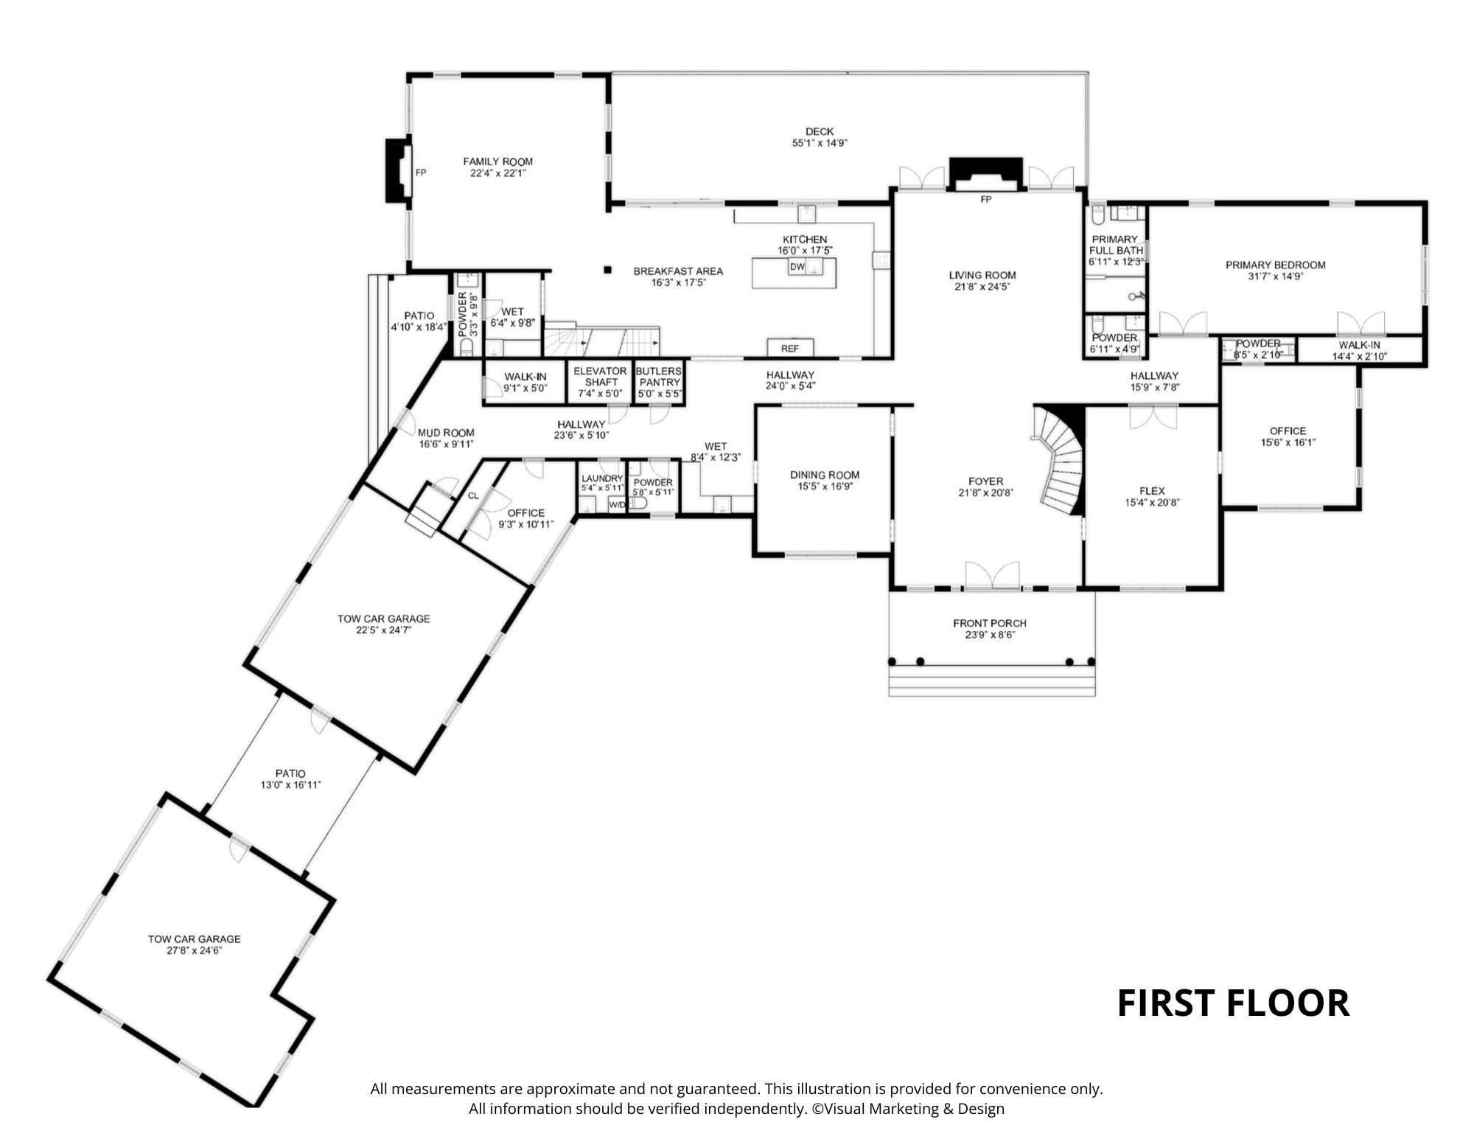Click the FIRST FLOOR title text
click(x=1233, y=1003)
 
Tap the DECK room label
click(x=820, y=132)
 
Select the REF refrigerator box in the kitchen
click(x=790, y=348)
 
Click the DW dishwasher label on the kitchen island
click(x=797, y=267)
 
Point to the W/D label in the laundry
click(x=617, y=505)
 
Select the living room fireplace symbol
click(x=985, y=174)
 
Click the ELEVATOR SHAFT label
click(x=601, y=377)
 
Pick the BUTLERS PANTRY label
click(x=659, y=377)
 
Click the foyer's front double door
click(x=993, y=576)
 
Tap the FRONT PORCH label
click(x=990, y=624)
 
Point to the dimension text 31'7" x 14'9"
click(x=1275, y=276)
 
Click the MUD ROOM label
click(x=446, y=433)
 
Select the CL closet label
click(x=473, y=496)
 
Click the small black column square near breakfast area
click(x=607, y=270)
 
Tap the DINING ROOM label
click(x=825, y=476)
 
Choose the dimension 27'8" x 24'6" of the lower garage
click(x=195, y=951)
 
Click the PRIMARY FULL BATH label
click(x=1115, y=245)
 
